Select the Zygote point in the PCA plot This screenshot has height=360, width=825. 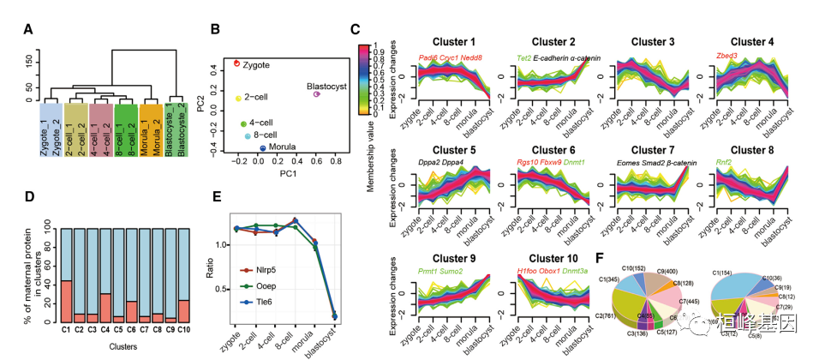[237, 63]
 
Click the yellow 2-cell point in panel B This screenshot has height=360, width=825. [239, 99]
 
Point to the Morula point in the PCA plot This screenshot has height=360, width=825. [262, 148]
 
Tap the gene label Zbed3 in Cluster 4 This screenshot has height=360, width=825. [726, 57]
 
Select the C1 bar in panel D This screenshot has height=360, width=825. [66, 273]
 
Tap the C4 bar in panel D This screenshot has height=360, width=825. [104, 273]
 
